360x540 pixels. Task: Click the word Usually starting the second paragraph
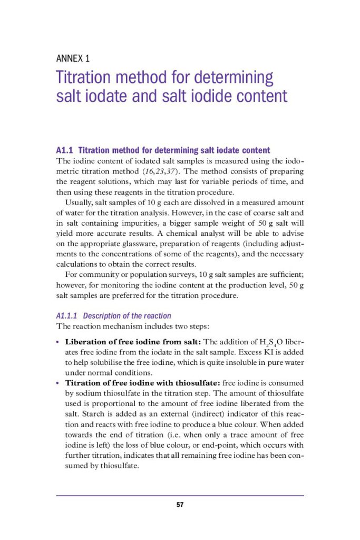(79, 202)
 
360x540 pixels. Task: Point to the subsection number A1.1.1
(67, 316)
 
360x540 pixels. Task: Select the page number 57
(180, 505)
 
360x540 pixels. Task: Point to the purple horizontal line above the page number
(180, 495)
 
